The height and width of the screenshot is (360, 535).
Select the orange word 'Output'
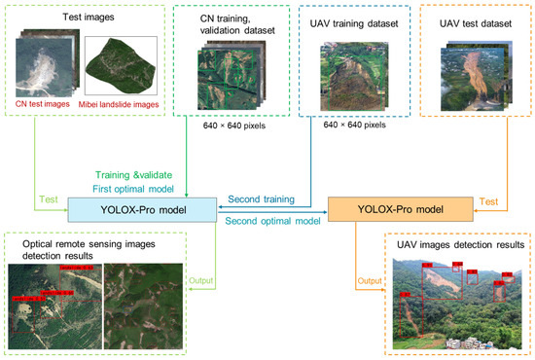(x=368, y=282)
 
